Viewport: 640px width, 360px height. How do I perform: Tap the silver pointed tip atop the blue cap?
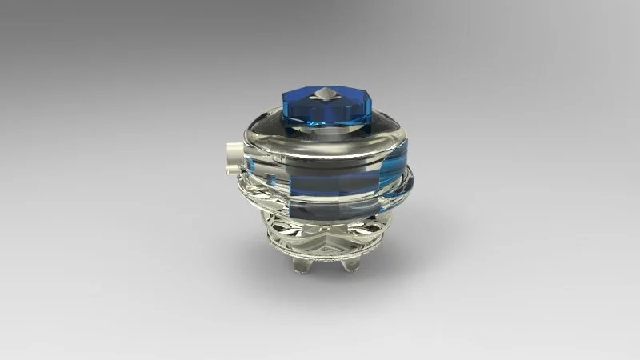(325, 94)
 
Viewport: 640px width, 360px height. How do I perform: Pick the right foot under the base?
(349, 262)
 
